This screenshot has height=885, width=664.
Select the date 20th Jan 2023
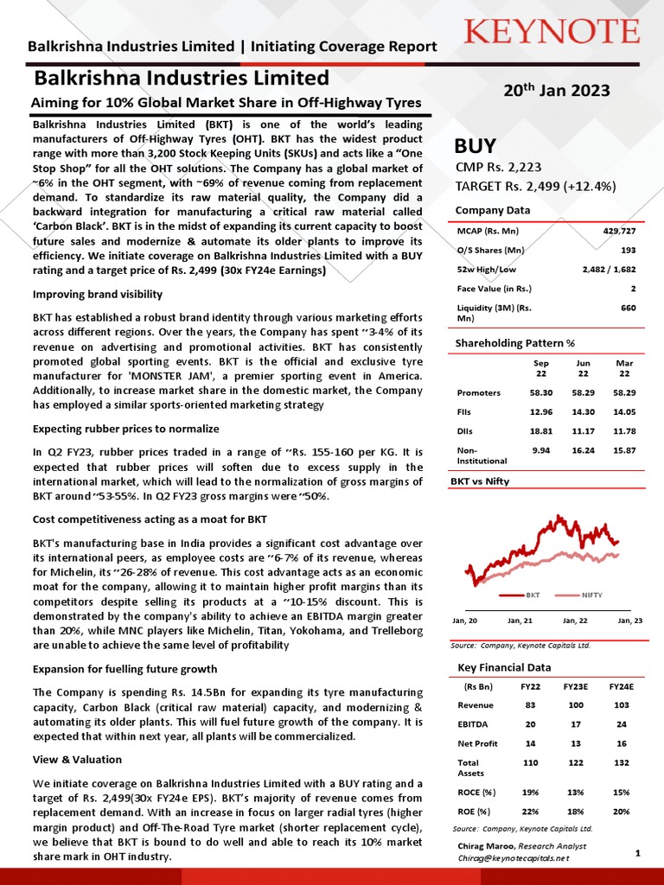[556, 91]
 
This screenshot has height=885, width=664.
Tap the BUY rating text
[476, 145]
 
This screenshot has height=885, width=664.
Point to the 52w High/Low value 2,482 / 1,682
[610, 270]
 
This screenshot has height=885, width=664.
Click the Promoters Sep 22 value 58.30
[541, 392]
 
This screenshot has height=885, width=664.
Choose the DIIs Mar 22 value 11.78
[623, 431]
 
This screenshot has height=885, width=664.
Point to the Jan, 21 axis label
[520, 621]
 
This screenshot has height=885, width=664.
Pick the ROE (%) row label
[474, 811]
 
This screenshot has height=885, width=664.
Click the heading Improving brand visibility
[97, 295]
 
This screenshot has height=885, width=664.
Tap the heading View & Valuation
[77, 761]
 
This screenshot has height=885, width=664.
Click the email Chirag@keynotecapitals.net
[514, 858]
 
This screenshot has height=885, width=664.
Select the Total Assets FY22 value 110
[530, 763]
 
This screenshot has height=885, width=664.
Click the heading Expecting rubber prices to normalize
[125, 429]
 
